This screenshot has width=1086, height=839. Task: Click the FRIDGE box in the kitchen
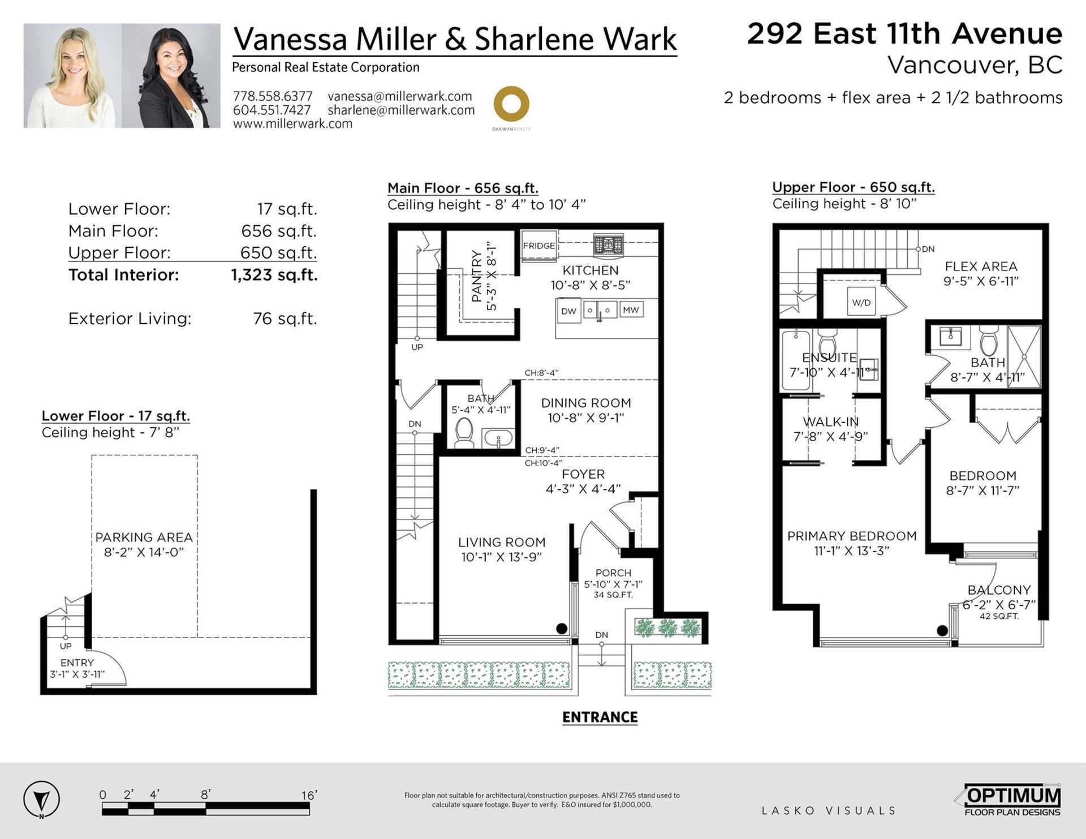(539, 246)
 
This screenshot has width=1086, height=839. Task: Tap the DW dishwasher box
(568, 311)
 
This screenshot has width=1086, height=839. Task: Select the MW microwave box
(631, 310)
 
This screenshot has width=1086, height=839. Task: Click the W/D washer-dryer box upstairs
(861, 303)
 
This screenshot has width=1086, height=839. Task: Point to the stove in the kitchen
(608, 246)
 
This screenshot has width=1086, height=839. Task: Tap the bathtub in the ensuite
(796, 360)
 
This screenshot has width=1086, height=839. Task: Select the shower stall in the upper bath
(1024, 356)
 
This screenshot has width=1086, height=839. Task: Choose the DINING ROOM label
(586, 403)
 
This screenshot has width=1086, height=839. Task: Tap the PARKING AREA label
(144, 537)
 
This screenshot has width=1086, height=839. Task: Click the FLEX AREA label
(981, 266)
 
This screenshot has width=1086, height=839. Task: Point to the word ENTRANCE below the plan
(600, 717)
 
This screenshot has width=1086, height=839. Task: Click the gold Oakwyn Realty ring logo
(511, 104)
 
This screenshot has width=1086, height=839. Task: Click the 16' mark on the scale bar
(309, 795)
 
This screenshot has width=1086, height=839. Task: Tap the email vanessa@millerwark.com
(400, 96)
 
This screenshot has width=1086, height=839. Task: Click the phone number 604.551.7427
(272, 110)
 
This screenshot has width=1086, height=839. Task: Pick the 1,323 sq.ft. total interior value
(274, 275)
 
